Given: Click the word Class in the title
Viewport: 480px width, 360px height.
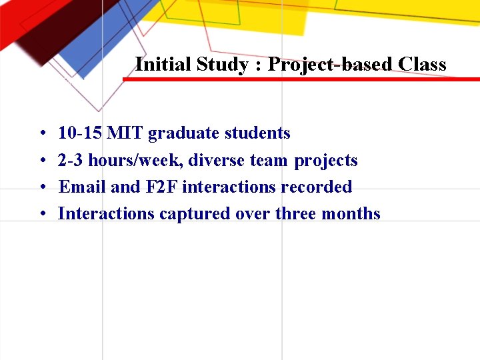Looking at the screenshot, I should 422,65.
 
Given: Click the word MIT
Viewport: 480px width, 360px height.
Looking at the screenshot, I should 125,133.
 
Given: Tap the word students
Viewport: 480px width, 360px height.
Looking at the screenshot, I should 257,133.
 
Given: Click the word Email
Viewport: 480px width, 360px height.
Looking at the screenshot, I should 83,187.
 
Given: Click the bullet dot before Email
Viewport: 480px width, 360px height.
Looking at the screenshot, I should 42,188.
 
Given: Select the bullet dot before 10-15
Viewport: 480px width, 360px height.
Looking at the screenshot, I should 42,134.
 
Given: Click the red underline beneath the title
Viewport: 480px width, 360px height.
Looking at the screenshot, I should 300,79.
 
